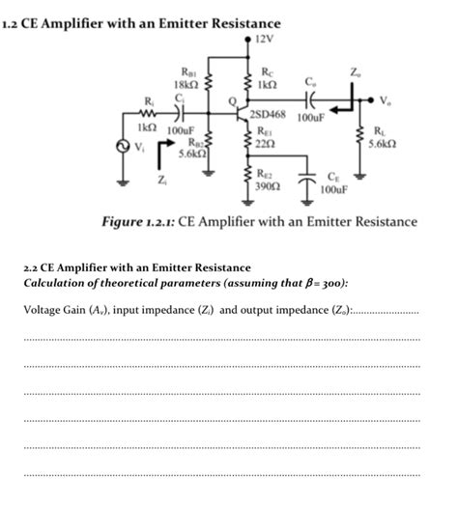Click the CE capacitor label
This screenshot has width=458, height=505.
pos(333,176)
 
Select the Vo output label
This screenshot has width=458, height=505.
pos(387,98)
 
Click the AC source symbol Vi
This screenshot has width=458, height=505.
pos(123,148)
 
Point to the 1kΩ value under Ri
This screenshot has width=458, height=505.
pos(148,126)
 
